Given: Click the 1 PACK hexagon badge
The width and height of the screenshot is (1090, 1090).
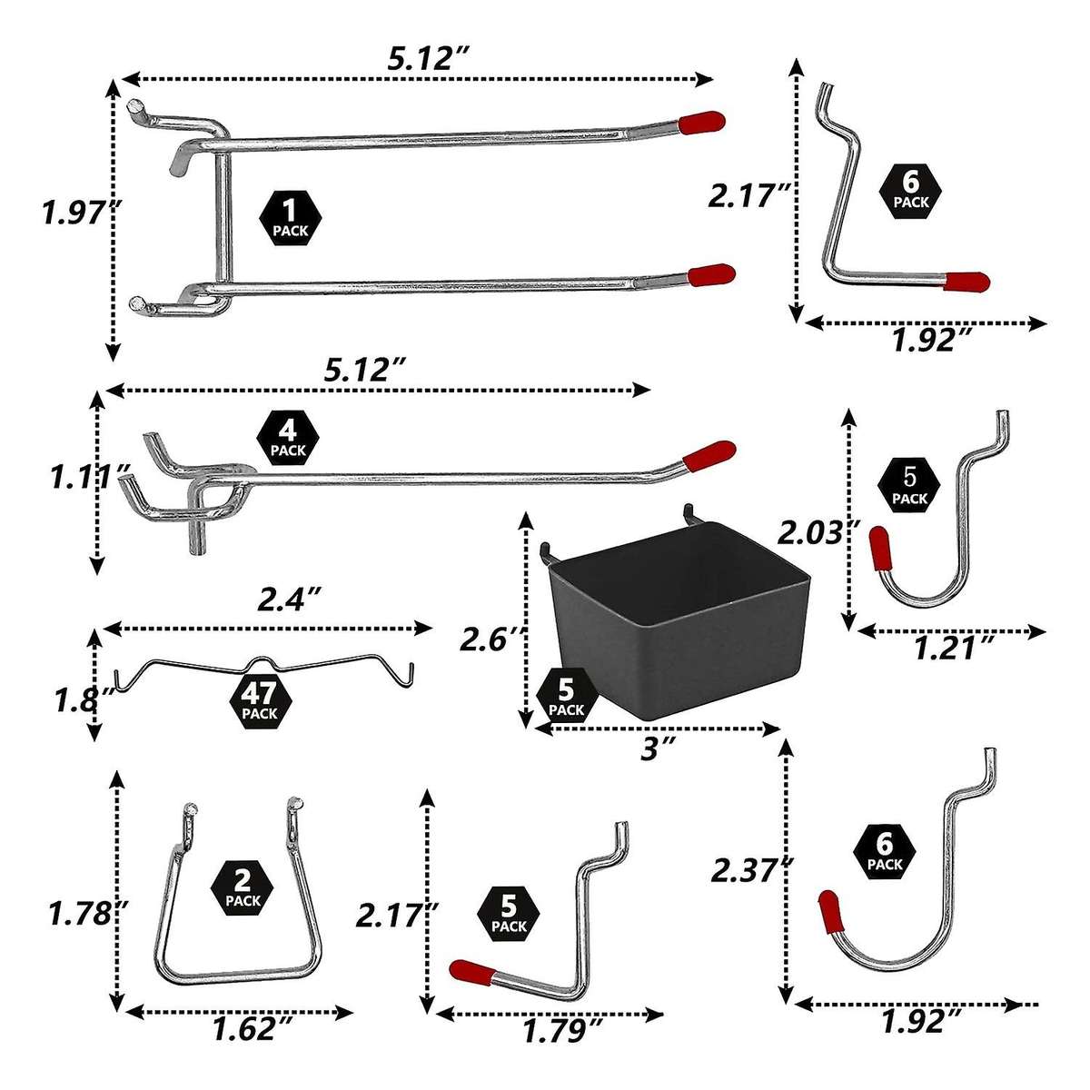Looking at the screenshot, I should tap(291, 220).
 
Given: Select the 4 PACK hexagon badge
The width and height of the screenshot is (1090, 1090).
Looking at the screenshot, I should tap(289, 439).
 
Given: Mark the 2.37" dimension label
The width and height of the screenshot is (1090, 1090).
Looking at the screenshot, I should tap(747, 871).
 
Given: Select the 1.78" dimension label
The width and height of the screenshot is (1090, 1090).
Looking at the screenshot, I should tap(80, 911).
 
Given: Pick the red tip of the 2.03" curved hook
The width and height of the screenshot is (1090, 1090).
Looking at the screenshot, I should tap(879, 550).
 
